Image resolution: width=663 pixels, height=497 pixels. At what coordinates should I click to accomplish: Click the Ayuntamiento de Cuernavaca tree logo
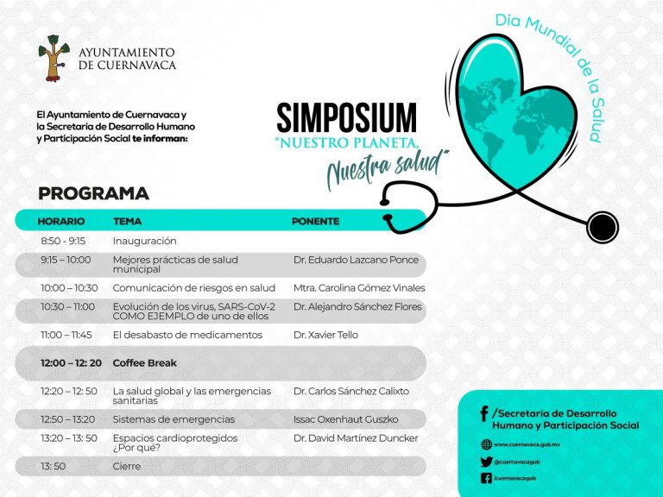click(53, 59)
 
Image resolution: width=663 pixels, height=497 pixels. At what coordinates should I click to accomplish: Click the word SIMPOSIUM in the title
click(346, 118)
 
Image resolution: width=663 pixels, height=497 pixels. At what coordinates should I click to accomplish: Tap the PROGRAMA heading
click(93, 193)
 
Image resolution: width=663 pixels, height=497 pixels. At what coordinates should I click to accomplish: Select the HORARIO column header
click(60, 221)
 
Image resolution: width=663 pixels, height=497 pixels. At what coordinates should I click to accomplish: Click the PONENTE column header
click(315, 221)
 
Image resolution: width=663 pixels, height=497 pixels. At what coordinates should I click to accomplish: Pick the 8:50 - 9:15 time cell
click(62, 241)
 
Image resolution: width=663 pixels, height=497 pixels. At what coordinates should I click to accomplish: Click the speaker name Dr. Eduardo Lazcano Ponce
click(356, 260)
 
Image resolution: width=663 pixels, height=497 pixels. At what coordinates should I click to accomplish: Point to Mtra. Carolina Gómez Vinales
click(359, 288)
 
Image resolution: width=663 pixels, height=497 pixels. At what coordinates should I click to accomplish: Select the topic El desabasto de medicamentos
click(187, 335)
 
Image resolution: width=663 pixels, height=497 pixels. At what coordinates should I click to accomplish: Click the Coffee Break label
click(145, 363)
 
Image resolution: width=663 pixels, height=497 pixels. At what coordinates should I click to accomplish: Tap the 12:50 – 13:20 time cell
click(68, 419)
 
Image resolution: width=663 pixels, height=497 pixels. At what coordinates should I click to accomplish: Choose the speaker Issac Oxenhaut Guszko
click(345, 419)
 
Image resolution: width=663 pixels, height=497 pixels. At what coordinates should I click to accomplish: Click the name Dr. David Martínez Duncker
click(356, 438)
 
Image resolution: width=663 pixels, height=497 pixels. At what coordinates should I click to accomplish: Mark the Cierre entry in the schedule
click(126, 466)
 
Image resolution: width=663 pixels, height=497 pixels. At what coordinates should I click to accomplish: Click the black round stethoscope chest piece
click(602, 227)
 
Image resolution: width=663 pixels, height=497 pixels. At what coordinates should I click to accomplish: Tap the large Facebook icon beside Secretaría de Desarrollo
click(483, 414)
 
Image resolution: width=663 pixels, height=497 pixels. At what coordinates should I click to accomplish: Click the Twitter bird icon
click(486, 462)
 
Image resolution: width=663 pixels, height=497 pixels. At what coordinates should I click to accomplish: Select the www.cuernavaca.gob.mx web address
click(527, 444)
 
